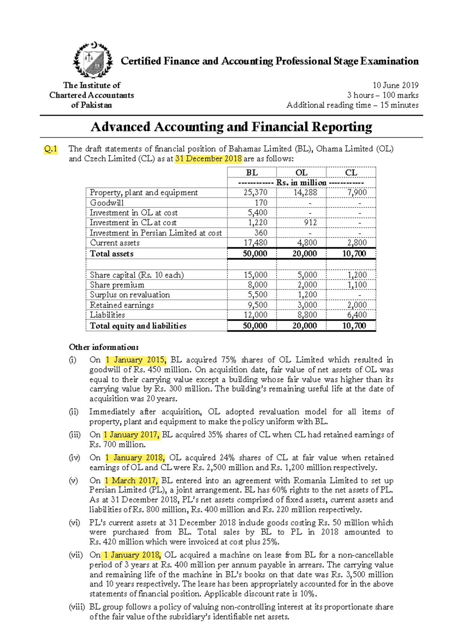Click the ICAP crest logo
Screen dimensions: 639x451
92,60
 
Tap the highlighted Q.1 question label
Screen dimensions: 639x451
50,149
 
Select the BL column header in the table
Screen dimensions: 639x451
251,173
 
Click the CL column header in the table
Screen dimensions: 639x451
351,173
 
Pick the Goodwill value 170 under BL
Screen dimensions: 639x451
261,203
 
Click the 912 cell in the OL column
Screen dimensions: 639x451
310,223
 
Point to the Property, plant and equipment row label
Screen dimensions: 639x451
144,193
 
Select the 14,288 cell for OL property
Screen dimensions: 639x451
305,193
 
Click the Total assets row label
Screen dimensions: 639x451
112,254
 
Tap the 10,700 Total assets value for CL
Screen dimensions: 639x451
354,254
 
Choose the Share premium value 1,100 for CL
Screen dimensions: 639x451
357,285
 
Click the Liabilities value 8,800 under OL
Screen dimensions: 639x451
307,315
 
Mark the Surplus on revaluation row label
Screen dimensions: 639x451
130,295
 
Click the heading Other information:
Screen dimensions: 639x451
104,347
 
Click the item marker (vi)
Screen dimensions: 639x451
74,523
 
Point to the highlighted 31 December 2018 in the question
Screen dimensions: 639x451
209,159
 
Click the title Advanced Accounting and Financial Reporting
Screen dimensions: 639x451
231,127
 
